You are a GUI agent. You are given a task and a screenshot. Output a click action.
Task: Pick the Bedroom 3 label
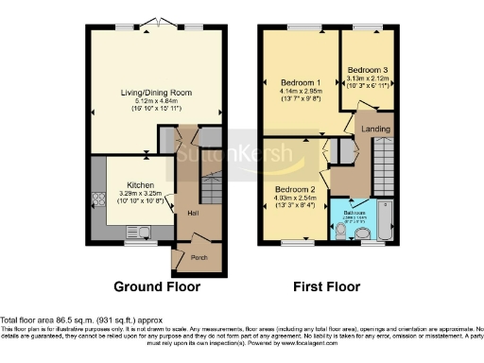tap(366, 71)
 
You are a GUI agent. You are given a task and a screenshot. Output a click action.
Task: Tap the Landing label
tap(378, 129)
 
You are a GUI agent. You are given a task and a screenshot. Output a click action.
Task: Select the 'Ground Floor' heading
tap(154, 285)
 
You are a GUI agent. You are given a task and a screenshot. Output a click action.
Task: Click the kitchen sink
tap(144, 231)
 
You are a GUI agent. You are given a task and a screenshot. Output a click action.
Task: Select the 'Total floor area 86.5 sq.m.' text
tap(68, 320)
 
